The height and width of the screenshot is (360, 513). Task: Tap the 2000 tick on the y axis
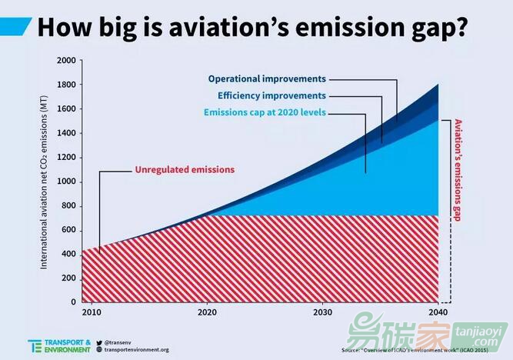point(67,60)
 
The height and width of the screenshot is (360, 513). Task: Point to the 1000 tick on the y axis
point(67,182)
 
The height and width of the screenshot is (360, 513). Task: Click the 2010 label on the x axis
point(91,312)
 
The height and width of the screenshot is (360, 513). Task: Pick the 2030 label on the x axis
point(322,312)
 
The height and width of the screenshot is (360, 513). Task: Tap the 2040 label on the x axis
point(438,312)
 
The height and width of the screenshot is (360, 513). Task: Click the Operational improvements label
point(267,79)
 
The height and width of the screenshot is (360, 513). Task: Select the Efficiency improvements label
point(271,96)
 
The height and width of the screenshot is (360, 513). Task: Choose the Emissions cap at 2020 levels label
point(265,113)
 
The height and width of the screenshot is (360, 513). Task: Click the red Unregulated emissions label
point(185,169)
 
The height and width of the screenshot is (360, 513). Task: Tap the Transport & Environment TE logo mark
point(35,346)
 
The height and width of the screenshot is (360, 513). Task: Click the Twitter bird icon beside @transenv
point(99,342)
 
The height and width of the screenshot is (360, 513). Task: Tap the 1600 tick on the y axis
point(67,109)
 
